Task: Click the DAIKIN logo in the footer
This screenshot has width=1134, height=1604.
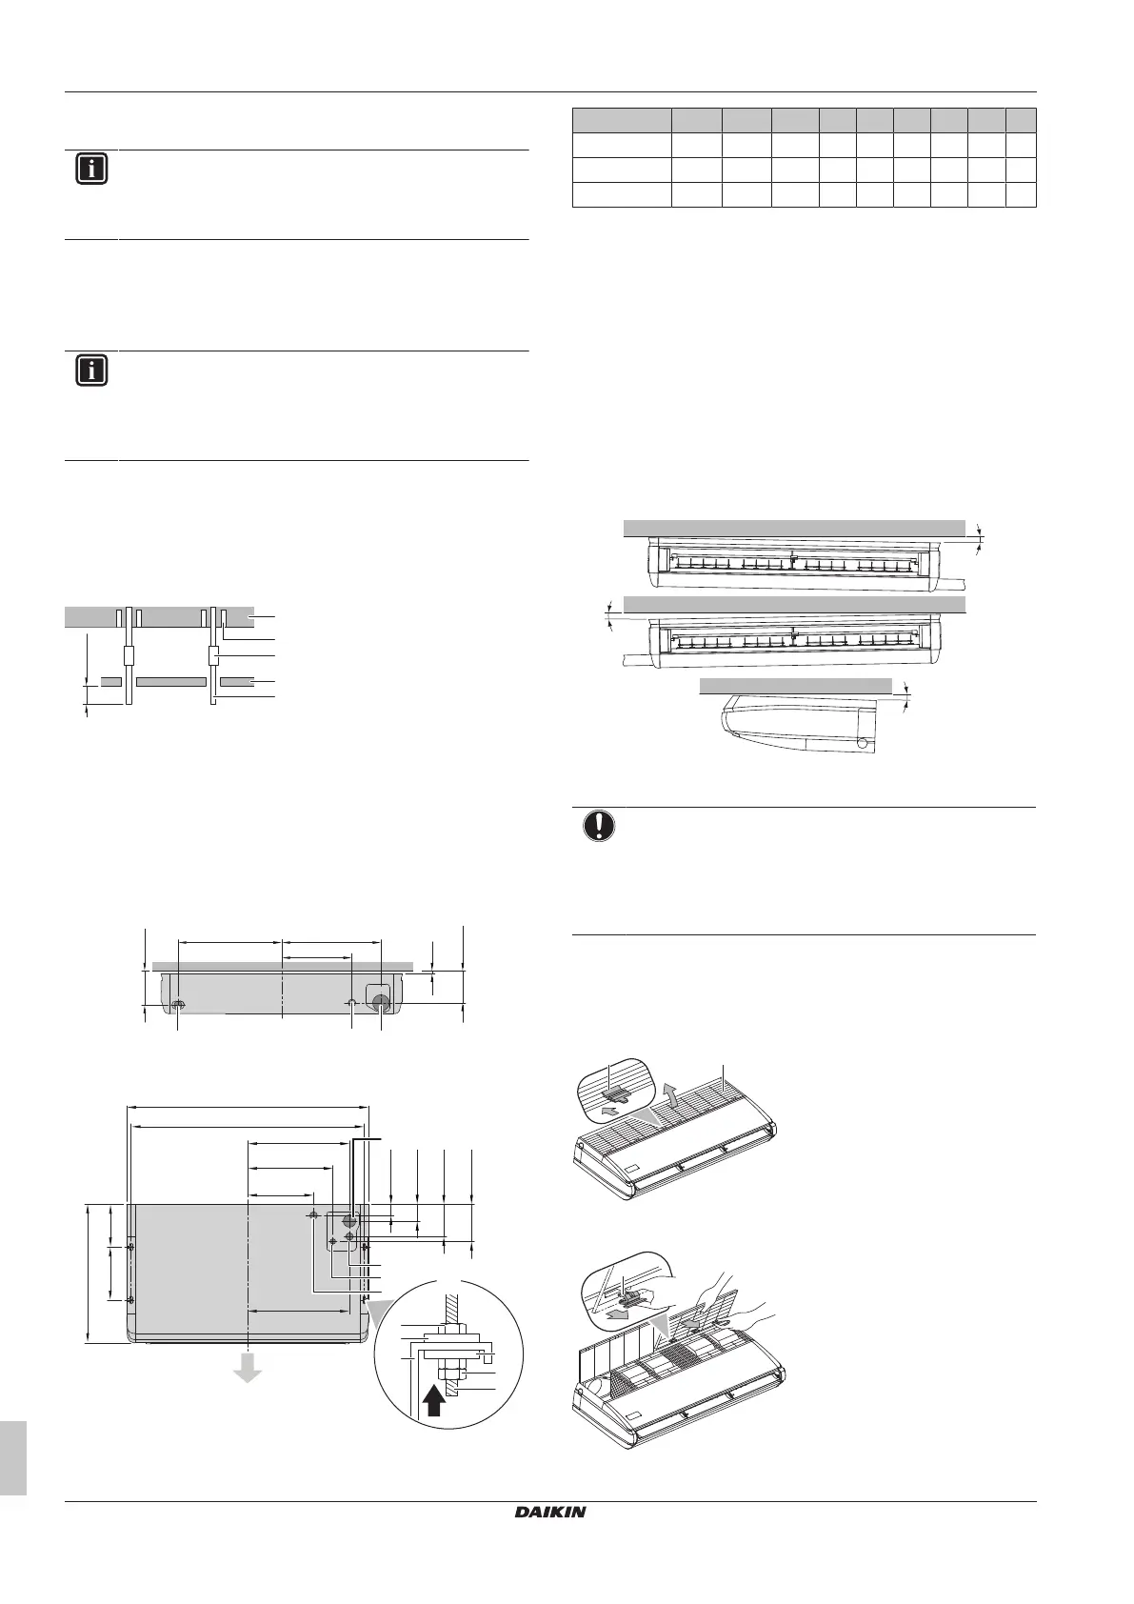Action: click(x=551, y=1512)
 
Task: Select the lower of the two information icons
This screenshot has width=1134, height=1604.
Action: click(x=91, y=371)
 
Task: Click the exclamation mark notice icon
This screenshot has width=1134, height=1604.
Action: click(x=598, y=825)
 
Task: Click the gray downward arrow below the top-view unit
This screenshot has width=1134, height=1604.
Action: click(x=248, y=1368)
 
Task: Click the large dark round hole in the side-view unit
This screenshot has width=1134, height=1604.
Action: click(x=381, y=1002)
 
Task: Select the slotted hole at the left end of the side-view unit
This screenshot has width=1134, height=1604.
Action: click(x=178, y=1005)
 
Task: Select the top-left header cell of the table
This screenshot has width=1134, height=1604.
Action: click(x=622, y=120)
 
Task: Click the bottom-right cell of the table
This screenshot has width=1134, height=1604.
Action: click(x=1021, y=194)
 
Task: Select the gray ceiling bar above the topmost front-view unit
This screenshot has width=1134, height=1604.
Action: click(x=794, y=529)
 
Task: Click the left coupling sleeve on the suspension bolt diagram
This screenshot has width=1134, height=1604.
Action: click(x=127, y=656)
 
